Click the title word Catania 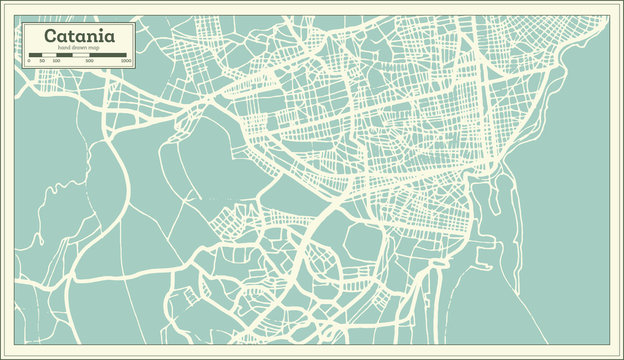(x=77, y=36)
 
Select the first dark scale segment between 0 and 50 (x=35, y=56)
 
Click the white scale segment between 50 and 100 (x=48, y=56)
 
